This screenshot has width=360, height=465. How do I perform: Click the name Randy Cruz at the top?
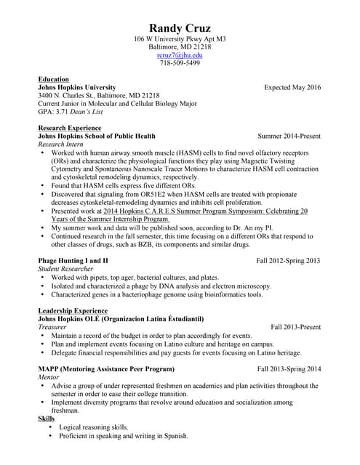pyautogui.click(x=180, y=28)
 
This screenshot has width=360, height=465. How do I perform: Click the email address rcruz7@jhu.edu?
pyautogui.click(x=180, y=54)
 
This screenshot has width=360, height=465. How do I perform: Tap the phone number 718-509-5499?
pyautogui.click(x=180, y=62)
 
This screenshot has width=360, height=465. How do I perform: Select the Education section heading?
pyautogui.click(x=53, y=79)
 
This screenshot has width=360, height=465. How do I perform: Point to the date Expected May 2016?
pyautogui.click(x=292, y=87)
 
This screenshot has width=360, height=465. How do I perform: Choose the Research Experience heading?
pyautogui.click(x=70, y=128)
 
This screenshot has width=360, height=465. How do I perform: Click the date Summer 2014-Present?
pyautogui.click(x=289, y=136)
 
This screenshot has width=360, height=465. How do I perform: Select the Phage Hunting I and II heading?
pyautogui.click(x=73, y=260)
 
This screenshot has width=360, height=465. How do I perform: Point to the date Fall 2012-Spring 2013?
pyautogui.click(x=288, y=260)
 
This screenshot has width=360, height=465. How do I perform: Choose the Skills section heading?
pyautogui.click(x=45, y=418)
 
